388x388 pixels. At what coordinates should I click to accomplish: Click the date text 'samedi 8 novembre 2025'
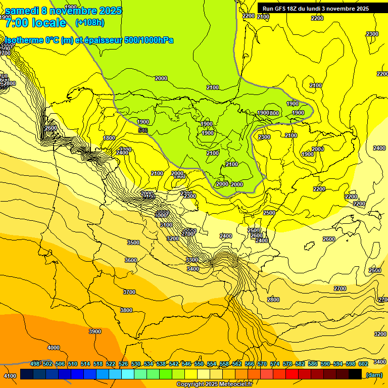[x=63, y=11]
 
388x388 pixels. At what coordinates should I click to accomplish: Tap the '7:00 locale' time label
[x=35, y=23]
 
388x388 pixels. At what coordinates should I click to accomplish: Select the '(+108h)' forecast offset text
[x=90, y=23]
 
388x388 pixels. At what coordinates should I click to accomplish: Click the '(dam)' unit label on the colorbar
[x=374, y=375]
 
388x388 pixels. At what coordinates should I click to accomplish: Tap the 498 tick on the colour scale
[x=35, y=364]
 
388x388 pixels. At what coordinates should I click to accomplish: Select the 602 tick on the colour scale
[x=363, y=364]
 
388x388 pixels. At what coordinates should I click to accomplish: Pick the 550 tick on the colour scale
[x=199, y=364]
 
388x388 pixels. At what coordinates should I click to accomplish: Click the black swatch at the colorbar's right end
[x=355, y=374]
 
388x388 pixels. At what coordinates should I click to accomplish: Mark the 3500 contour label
[x=133, y=243]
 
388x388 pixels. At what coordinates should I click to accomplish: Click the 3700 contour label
[x=129, y=292]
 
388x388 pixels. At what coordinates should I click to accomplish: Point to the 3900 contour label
[x=94, y=331]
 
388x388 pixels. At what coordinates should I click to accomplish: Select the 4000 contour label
[x=53, y=348]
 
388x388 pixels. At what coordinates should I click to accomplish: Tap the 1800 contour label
[x=109, y=138]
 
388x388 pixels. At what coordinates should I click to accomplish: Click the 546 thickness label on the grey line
[x=143, y=131]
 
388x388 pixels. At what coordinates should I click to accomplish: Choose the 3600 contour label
[x=131, y=260]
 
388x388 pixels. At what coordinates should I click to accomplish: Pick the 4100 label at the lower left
[x=10, y=376]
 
